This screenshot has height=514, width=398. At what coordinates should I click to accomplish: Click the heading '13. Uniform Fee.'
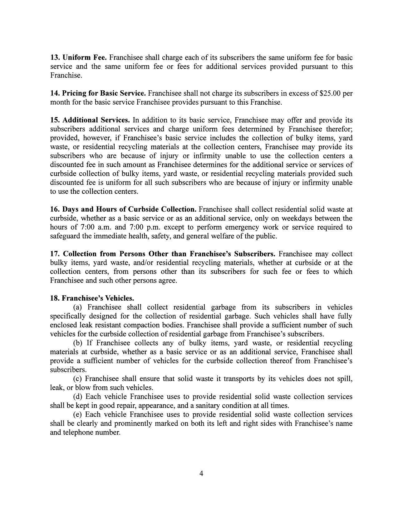(x=79, y=58)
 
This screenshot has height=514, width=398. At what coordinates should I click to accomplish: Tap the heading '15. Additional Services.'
(x=90, y=120)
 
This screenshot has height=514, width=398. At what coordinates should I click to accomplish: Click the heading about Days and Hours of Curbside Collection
(x=123, y=209)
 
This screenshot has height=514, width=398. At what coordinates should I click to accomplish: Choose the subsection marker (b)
(x=78, y=343)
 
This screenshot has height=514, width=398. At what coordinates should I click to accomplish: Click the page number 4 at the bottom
(x=201, y=474)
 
